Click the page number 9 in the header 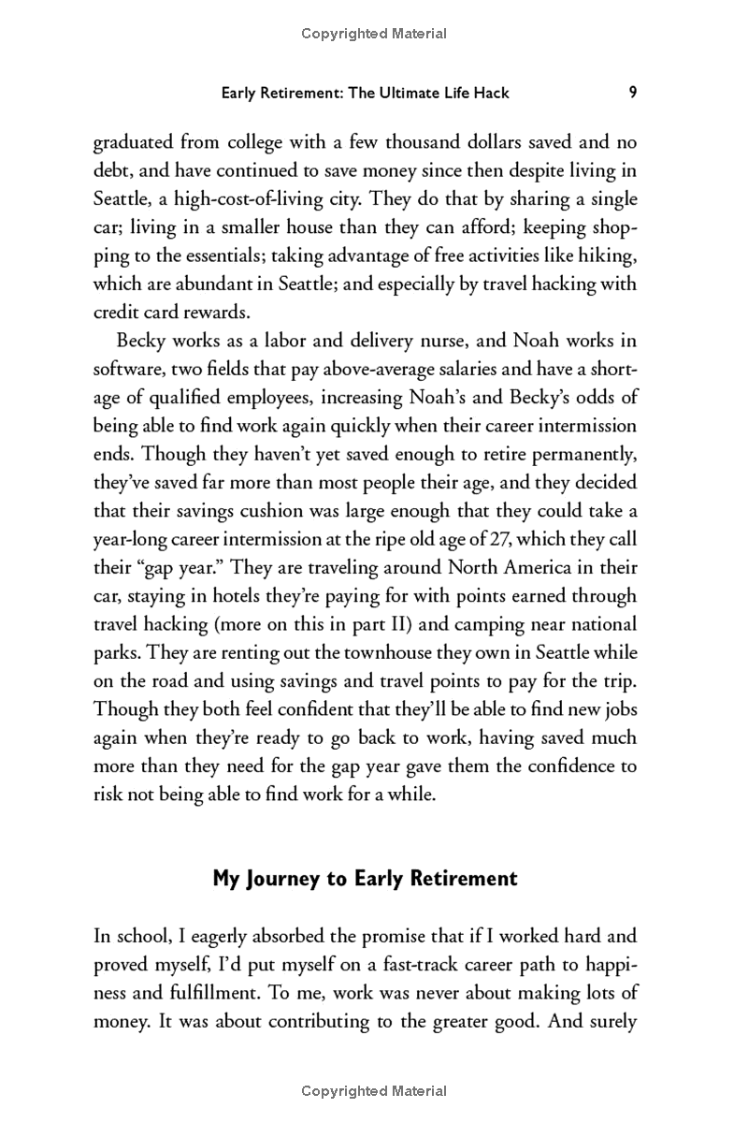[633, 92]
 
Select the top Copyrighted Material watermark [374, 34]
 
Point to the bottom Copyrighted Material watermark [374, 1091]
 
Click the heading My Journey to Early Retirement [365, 878]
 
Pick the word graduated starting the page [134, 143]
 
